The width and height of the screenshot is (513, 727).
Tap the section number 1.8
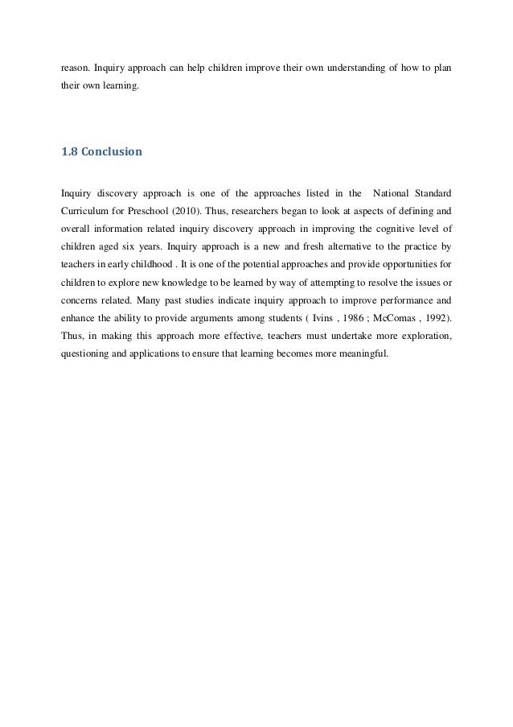(x=71, y=151)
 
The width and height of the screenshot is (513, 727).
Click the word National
(x=392, y=193)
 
